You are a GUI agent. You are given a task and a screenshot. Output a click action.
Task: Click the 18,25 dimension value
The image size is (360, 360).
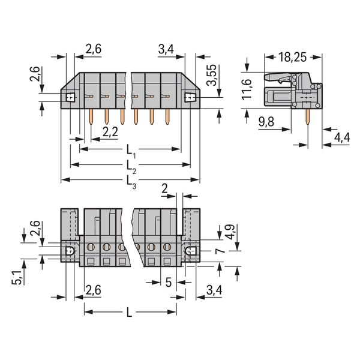click(292, 57)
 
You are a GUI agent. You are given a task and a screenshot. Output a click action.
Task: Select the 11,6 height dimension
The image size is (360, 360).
click(247, 89)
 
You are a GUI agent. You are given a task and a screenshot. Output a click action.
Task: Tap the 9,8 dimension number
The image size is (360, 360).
click(266, 122)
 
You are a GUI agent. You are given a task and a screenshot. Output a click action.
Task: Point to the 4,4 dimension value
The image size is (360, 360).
click(342, 138)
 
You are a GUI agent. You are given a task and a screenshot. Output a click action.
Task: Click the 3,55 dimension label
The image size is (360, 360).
click(211, 75)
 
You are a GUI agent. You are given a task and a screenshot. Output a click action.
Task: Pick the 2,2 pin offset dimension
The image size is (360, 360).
click(110, 132)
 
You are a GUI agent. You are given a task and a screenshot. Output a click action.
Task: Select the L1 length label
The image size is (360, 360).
click(131, 152)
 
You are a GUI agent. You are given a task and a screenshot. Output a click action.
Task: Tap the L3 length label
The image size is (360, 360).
click(131, 182)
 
